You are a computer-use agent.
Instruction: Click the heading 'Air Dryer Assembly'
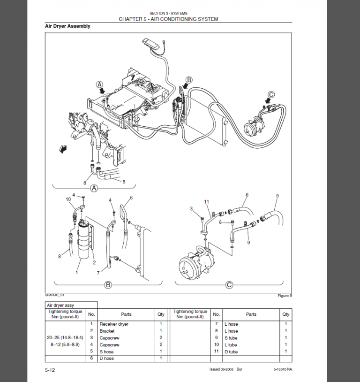tap(67, 26)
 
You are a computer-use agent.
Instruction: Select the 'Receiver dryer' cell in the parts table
tap(114, 324)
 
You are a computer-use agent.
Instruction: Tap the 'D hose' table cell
tap(106, 359)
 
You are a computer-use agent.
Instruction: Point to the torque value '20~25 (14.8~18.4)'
tap(65, 338)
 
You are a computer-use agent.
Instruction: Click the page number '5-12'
tap(50, 370)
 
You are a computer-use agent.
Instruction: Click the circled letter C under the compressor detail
tap(229, 284)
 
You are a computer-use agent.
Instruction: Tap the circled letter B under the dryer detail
tap(108, 284)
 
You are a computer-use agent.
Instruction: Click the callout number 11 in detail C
tap(206, 202)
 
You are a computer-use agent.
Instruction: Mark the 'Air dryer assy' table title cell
tap(60, 305)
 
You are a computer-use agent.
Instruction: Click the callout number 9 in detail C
tap(248, 242)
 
